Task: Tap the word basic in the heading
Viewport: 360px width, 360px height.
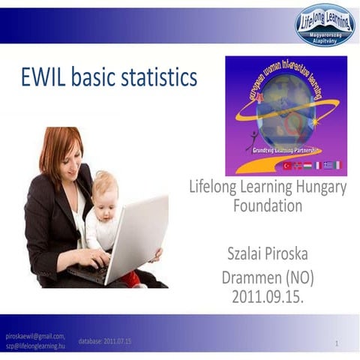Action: [x=97, y=77]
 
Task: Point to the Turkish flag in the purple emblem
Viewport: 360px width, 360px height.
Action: [x=286, y=165]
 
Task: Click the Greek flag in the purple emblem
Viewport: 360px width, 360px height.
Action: [x=328, y=165]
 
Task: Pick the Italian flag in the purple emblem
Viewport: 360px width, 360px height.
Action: [x=337, y=165]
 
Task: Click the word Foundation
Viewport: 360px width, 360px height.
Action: [x=267, y=205]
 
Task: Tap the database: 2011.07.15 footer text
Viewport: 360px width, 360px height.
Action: [x=105, y=341]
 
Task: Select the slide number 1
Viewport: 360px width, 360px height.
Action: [x=337, y=343]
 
